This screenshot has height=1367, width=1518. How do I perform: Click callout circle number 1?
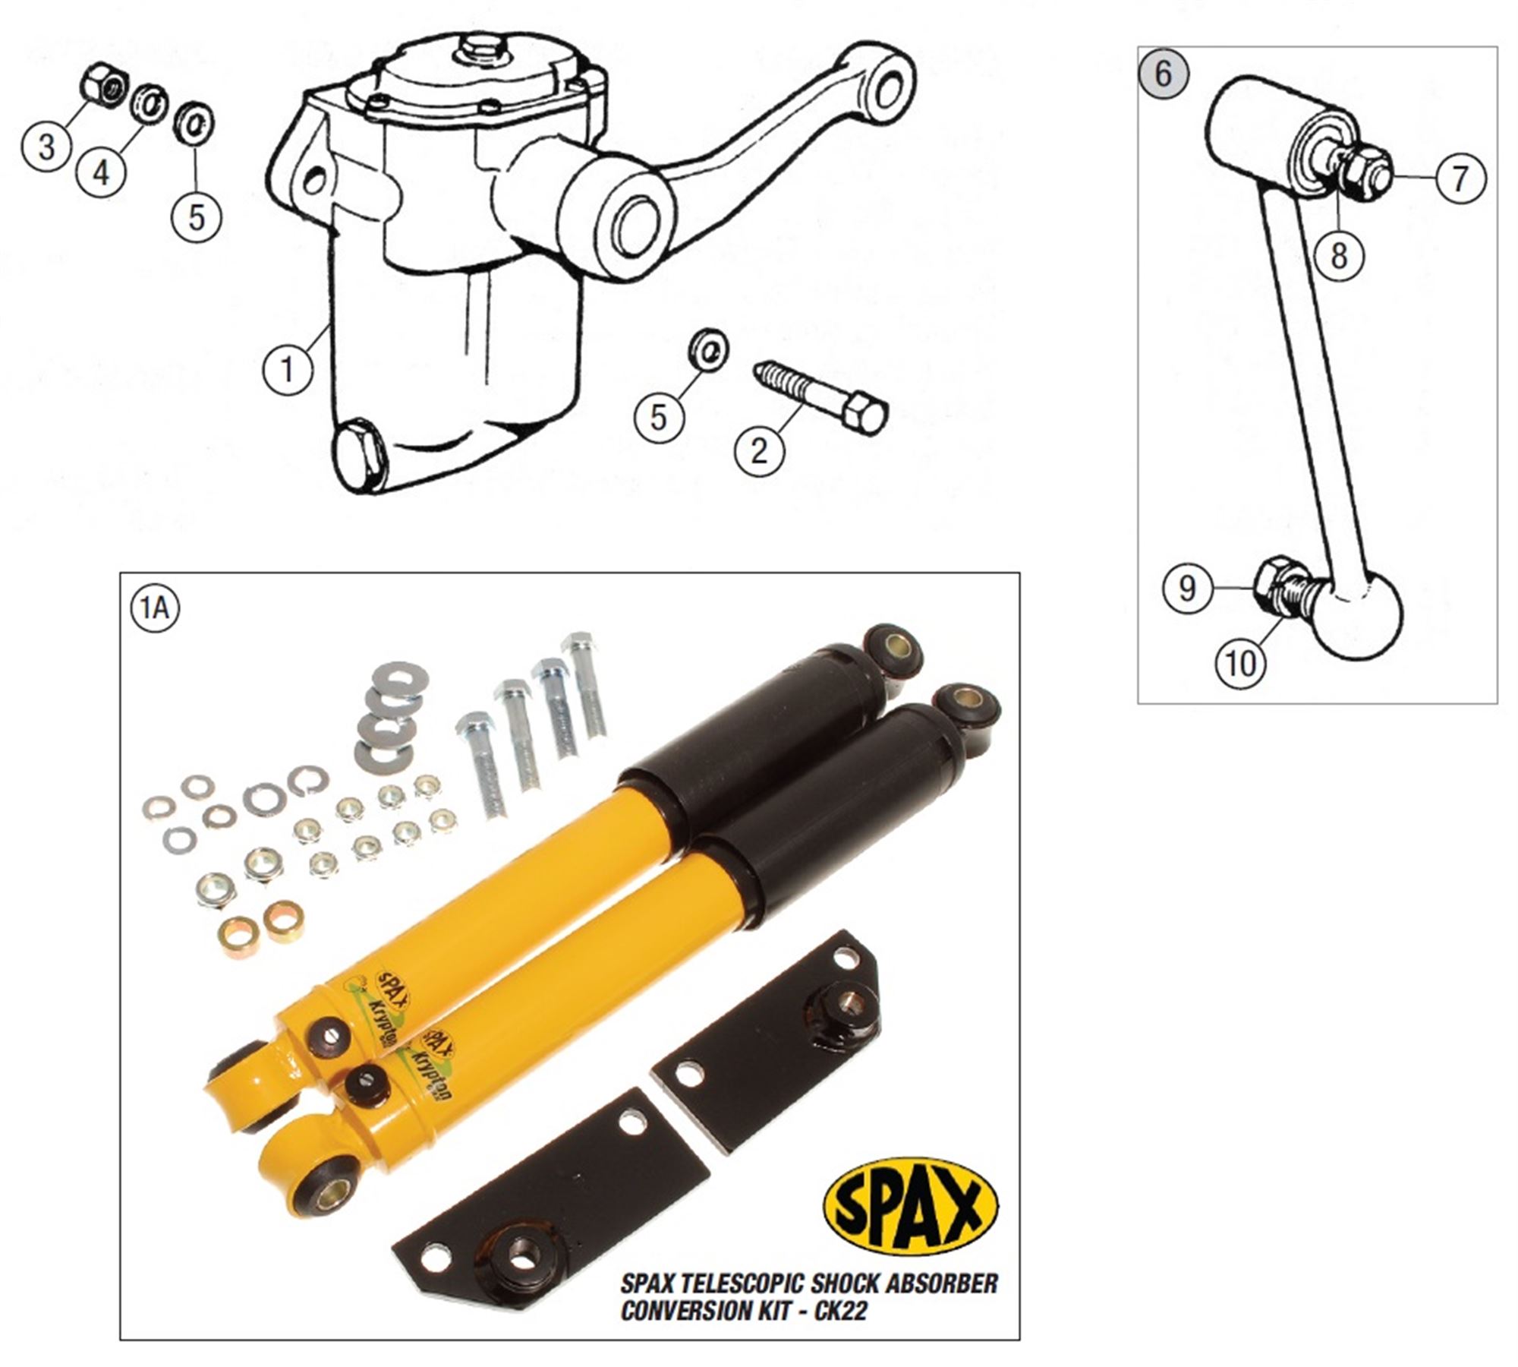coord(288,370)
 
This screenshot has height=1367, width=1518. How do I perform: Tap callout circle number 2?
coord(759,450)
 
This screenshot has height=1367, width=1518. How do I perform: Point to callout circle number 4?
coord(101,172)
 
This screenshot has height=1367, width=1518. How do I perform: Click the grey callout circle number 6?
coord(1164,74)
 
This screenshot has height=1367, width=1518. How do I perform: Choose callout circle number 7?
coord(1460,179)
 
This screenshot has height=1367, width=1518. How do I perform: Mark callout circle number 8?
coord(1339,255)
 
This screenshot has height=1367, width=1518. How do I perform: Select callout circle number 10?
coord(1242,665)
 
